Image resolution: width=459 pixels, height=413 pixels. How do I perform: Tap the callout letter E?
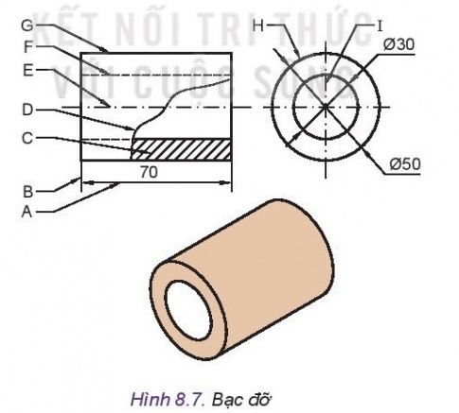[x=28, y=70]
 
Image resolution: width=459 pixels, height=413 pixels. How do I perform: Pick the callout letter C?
[x=28, y=139]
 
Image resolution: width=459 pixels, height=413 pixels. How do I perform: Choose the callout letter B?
[x=28, y=191]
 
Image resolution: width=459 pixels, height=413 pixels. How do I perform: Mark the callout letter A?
[x=28, y=212]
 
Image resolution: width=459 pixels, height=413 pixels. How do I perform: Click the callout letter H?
[x=259, y=26]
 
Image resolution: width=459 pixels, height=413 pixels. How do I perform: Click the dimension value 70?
[x=150, y=173]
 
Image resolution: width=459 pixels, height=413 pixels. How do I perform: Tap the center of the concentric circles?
[x=325, y=107]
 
